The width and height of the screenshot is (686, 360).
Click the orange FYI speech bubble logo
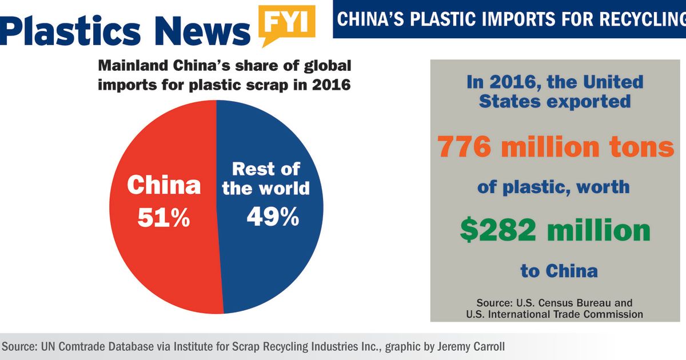tap(286, 23)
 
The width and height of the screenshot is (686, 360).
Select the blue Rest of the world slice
tap(269, 263)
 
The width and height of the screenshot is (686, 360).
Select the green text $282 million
tap(555, 230)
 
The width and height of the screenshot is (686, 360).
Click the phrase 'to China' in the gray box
tap(559, 270)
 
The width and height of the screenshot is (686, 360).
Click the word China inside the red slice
tap(163, 185)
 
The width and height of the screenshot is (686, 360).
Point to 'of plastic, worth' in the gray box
tap(553, 187)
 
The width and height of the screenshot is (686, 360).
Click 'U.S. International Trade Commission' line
tap(554, 314)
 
